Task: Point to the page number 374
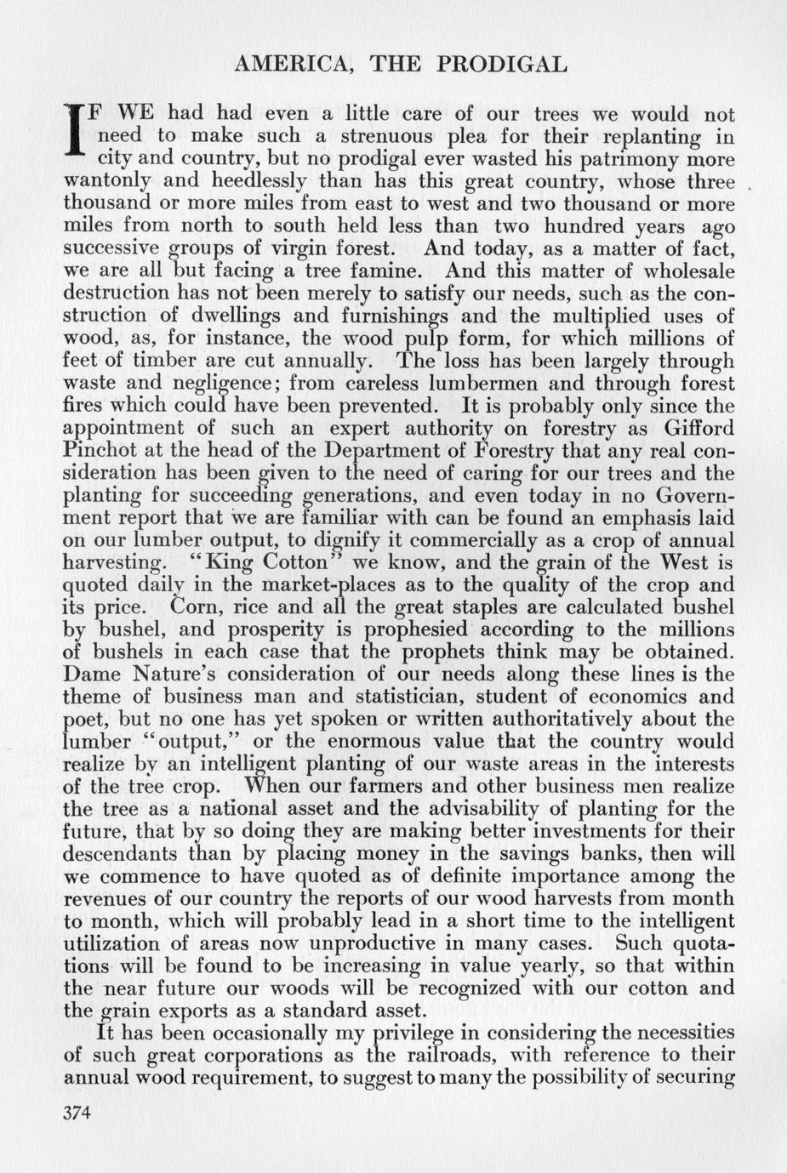77,1114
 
